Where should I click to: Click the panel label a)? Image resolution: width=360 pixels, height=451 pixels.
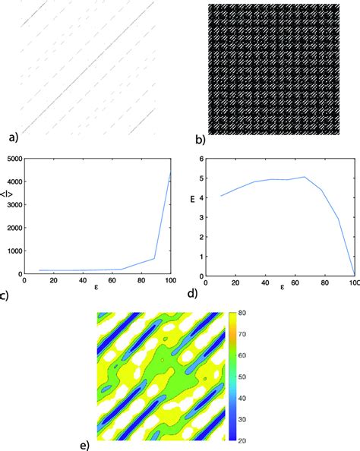click(10, 138)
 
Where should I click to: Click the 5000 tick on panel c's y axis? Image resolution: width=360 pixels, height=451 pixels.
click(14, 159)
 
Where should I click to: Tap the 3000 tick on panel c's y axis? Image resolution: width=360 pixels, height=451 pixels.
click(14, 206)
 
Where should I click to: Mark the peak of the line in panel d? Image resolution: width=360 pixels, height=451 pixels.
click(304, 177)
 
